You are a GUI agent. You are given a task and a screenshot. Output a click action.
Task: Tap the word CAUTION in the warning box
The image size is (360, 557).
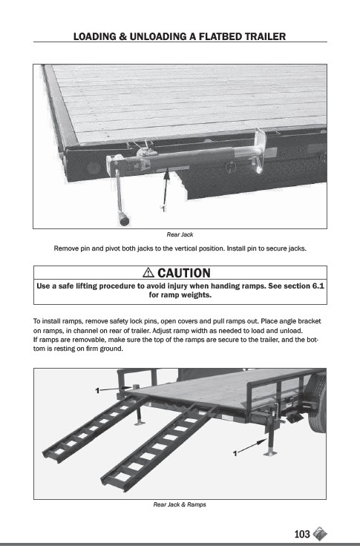pos(184,273)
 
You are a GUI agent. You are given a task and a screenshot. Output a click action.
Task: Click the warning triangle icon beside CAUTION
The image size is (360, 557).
pos(148,272)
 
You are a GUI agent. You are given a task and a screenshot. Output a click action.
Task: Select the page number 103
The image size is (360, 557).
pos(302,534)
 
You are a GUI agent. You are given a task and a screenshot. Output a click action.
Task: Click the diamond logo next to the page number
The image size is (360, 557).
pos(320,533)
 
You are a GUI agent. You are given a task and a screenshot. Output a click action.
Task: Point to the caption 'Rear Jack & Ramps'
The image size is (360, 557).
pos(180,504)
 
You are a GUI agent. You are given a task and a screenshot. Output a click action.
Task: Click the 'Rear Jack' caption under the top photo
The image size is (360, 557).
pos(180,234)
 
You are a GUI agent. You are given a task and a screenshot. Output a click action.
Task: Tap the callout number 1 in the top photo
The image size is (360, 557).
pos(163,209)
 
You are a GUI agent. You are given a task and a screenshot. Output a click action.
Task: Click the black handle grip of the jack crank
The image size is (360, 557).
pos(124,220)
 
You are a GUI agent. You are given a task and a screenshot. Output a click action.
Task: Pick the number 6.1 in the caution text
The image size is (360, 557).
pos(318,286)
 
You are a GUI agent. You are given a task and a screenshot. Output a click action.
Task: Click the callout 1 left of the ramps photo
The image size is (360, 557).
pos(97,391)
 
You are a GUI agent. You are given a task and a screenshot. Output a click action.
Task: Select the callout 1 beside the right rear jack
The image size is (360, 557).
pos(235,454)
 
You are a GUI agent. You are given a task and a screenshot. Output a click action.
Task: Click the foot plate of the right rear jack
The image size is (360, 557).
pos(270,453)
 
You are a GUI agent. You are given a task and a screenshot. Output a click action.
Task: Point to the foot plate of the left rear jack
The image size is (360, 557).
pos(140,423)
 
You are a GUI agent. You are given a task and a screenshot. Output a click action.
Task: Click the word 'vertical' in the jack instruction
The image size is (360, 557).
pos(184,248)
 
